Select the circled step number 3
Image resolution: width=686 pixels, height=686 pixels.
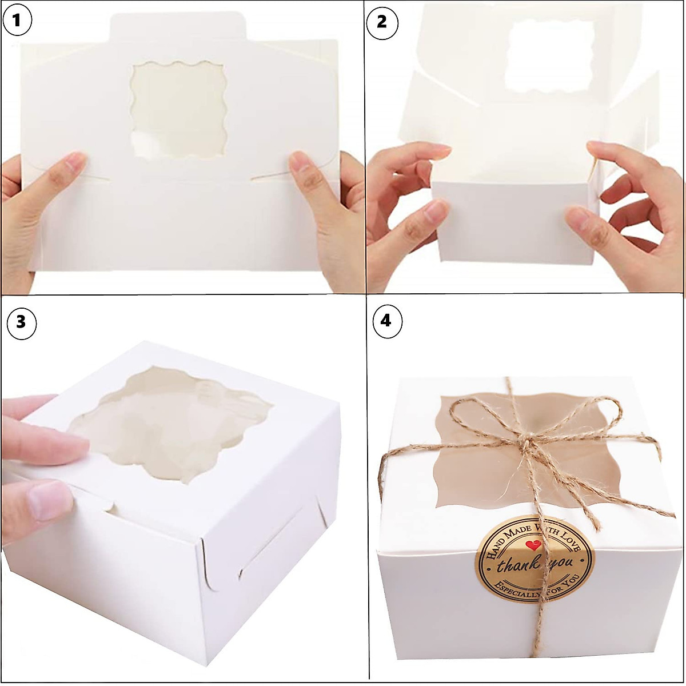pos(21,322)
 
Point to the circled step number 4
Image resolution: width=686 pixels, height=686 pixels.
pos(387,321)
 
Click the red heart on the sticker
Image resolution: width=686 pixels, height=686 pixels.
pos(534,545)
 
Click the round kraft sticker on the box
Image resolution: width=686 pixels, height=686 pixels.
pos(535,558)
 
